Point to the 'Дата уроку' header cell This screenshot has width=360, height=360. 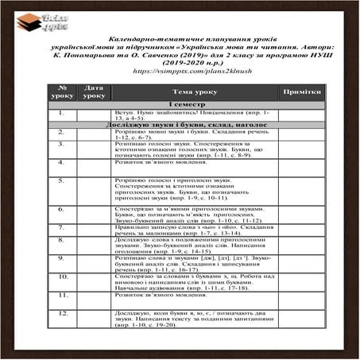coord(94,92)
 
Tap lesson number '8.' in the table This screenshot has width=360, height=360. coord(61,239)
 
